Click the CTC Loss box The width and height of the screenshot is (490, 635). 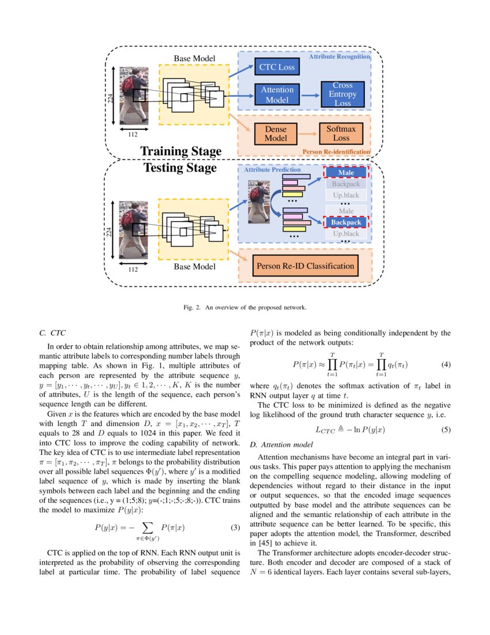tap(276, 68)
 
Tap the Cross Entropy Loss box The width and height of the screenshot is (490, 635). tap(342, 95)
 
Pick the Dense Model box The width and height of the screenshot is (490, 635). tap(276, 133)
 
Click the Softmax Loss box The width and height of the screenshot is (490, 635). tap(341, 133)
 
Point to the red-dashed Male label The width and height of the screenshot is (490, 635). tap(346, 173)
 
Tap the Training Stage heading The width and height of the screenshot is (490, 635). tap(180, 151)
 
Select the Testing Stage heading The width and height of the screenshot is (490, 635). tap(180, 168)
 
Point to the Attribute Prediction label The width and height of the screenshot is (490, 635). tap(272, 170)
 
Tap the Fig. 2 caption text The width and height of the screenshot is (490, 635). tap(244, 307)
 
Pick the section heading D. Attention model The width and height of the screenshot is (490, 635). tap(281, 444)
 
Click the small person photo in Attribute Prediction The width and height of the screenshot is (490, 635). tap(258, 201)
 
